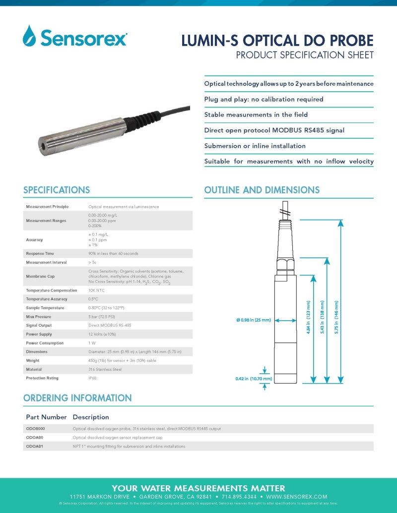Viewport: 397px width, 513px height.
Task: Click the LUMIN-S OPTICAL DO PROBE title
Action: click(x=277, y=40)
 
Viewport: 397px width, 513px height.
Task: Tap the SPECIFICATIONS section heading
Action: click(x=57, y=190)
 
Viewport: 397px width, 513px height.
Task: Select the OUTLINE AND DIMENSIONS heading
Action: click(x=262, y=190)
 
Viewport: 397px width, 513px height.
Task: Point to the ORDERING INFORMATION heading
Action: click(x=77, y=398)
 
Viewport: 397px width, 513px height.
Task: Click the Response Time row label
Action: click(x=40, y=253)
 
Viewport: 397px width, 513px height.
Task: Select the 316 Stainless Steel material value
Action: click(x=105, y=369)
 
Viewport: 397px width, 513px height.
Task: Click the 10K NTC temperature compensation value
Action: click(x=96, y=290)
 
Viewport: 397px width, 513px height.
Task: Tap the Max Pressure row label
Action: click(x=38, y=317)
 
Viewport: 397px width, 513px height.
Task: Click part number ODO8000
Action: click(x=35, y=429)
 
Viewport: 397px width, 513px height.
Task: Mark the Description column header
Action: click(x=91, y=417)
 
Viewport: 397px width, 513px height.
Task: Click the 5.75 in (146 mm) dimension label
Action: click(x=336, y=317)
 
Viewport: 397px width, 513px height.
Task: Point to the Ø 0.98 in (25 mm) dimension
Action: click(x=254, y=320)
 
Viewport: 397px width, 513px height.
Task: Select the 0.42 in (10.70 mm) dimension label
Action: click(x=254, y=379)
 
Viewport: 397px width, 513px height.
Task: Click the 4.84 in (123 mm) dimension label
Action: click(x=309, y=317)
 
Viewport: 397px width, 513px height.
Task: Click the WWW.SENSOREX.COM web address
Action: click(x=297, y=497)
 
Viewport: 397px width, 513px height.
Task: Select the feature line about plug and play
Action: click(x=264, y=99)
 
